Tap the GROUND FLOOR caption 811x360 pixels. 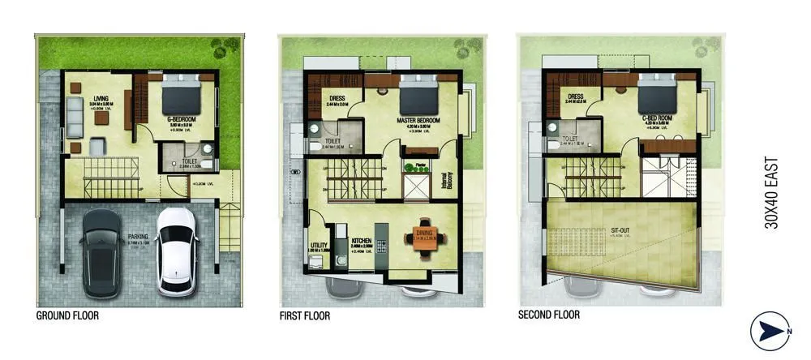coord(69,315)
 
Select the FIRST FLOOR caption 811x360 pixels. coord(305,315)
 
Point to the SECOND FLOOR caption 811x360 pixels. coord(549,315)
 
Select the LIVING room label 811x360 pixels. coord(101,97)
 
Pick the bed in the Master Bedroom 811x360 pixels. coord(418,96)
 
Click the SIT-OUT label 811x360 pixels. coord(621,229)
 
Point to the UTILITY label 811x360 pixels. coord(319,245)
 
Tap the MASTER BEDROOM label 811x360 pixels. coord(418,121)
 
